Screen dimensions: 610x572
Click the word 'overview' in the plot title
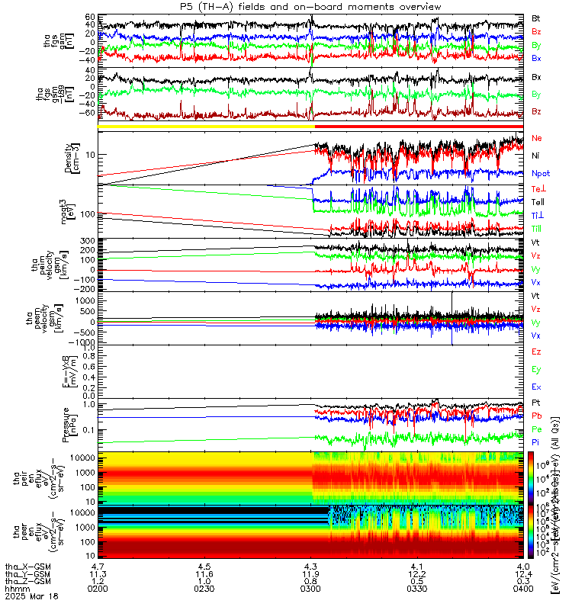(x=418, y=6)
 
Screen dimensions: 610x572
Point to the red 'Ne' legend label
(x=536, y=139)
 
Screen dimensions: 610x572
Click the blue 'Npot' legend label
(x=541, y=174)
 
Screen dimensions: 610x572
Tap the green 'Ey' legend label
(x=536, y=370)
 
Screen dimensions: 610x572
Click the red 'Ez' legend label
(x=536, y=352)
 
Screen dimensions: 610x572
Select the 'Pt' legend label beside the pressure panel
(x=536, y=402)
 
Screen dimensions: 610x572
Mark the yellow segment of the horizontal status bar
(x=206, y=126)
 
